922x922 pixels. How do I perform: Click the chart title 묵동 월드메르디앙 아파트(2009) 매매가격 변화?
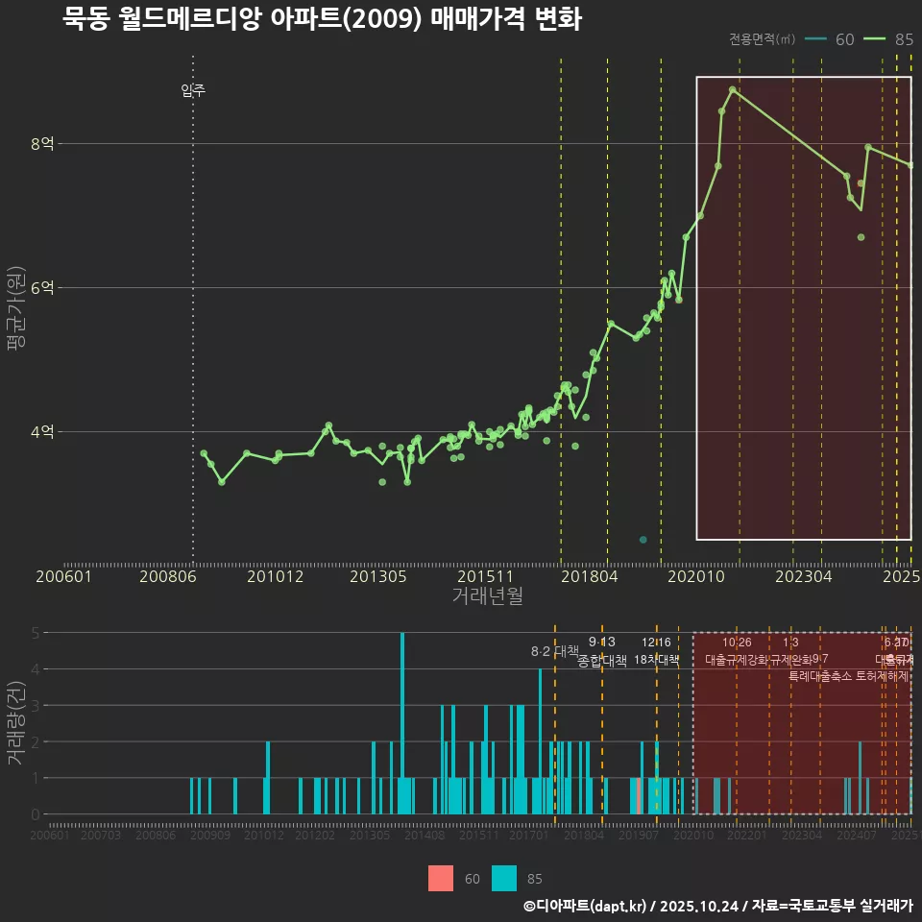pyautogui.click(x=322, y=19)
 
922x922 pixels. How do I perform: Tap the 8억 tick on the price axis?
pyautogui.click(x=42, y=144)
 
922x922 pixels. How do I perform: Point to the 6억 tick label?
pyautogui.click(x=42, y=288)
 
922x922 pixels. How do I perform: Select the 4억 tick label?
pyautogui.click(x=42, y=432)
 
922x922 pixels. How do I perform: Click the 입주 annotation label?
pyautogui.click(x=193, y=91)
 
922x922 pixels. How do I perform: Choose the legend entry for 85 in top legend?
pyautogui.click(x=888, y=39)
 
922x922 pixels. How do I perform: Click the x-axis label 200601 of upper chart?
pyautogui.click(x=62, y=577)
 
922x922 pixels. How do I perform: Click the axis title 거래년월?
pyautogui.click(x=487, y=596)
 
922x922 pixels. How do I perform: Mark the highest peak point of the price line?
pyautogui.click(x=733, y=89)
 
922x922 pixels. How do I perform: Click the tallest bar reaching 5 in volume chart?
pyautogui.click(x=402, y=722)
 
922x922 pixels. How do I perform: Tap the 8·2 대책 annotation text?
pyautogui.click(x=555, y=651)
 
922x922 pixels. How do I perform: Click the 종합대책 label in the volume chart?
pyautogui.click(x=602, y=661)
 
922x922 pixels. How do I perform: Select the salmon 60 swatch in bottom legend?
pyautogui.click(x=441, y=878)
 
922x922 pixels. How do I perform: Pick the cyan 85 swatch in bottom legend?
pyautogui.click(x=504, y=878)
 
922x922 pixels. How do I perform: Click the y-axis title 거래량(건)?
pyautogui.click(x=15, y=723)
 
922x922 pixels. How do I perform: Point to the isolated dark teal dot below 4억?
pyautogui.click(x=643, y=540)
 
